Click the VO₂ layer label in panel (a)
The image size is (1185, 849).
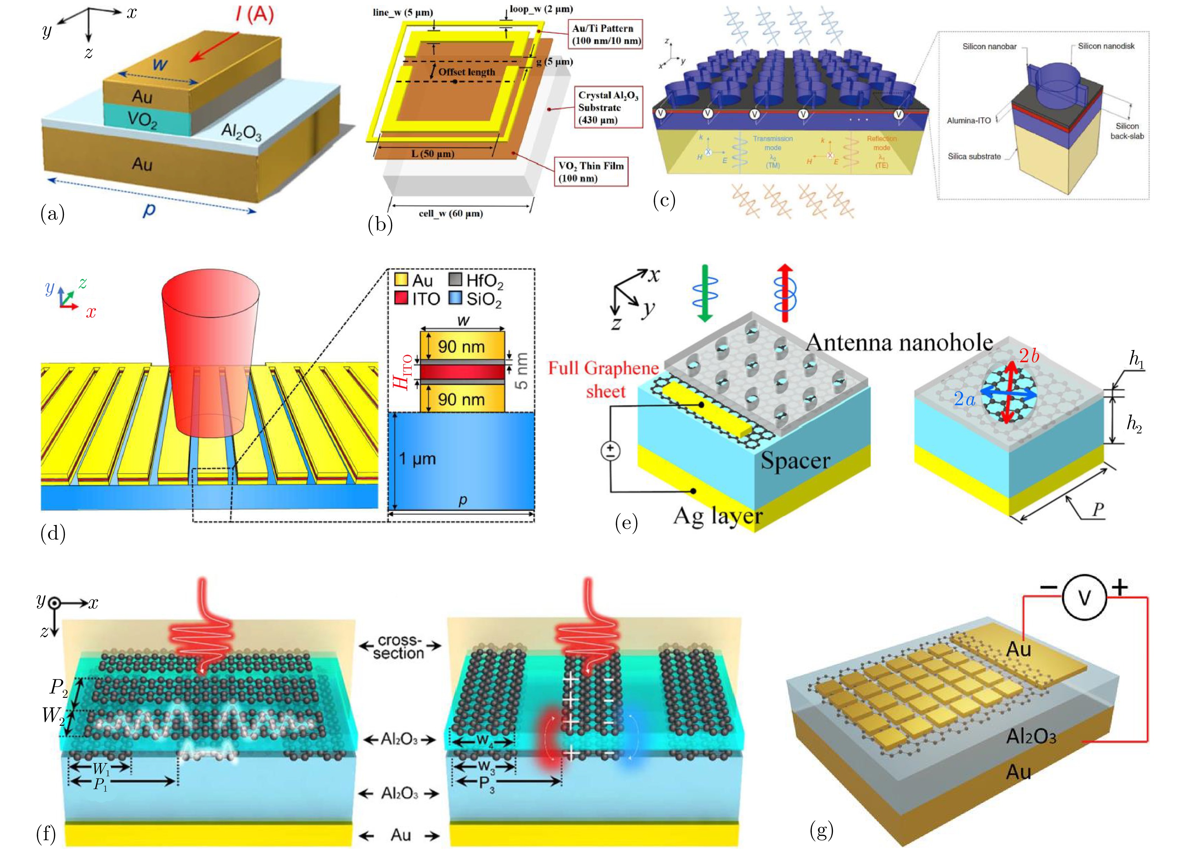tap(142, 120)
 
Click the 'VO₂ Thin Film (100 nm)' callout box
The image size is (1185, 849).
tap(591, 172)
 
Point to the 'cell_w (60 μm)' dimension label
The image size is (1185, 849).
tap(450, 213)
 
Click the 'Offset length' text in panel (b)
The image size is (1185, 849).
tap(466, 72)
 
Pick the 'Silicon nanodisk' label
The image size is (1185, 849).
tap(1106, 46)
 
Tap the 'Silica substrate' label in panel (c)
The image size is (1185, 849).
tap(974, 156)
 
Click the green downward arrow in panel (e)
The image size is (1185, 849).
tap(705, 293)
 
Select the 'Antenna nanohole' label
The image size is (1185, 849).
tap(899, 343)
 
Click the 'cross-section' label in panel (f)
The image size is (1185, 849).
tap(399, 647)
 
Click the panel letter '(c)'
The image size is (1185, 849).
tap(664, 200)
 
